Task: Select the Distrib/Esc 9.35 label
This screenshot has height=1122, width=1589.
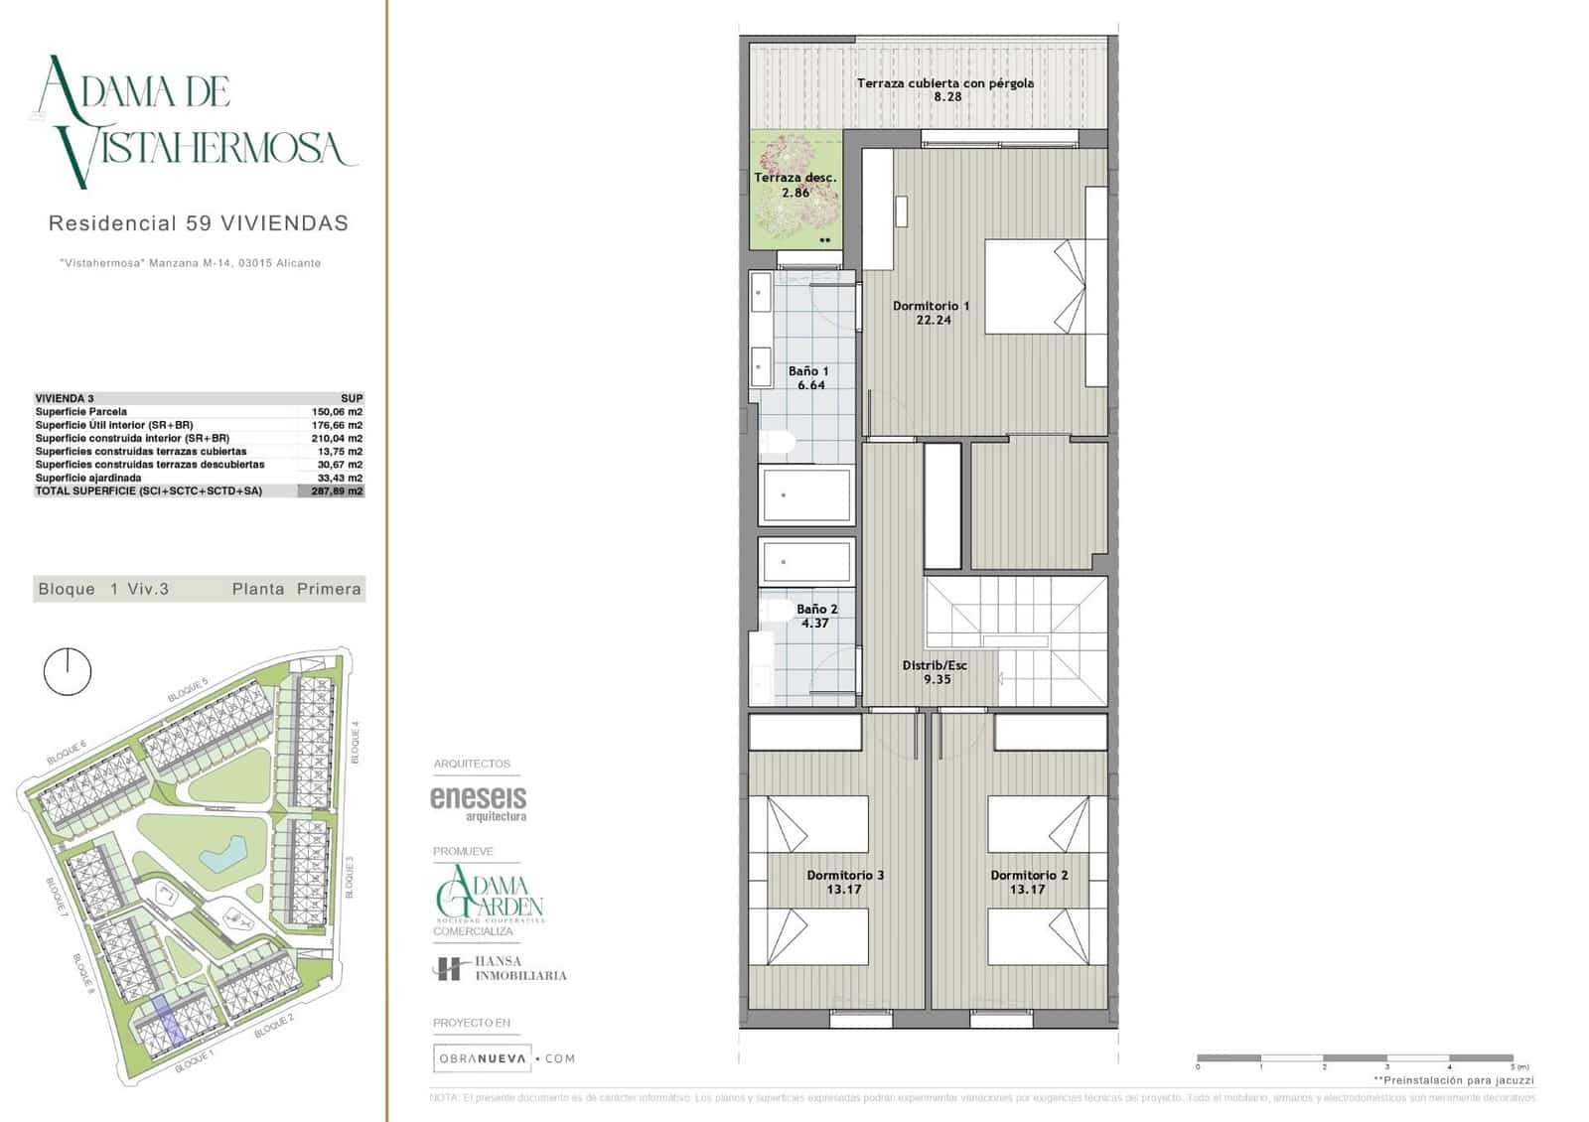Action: (x=935, y=672)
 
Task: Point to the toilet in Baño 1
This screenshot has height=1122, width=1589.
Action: (x=779, y=443)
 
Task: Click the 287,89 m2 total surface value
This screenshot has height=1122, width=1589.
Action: (x=336, y=491)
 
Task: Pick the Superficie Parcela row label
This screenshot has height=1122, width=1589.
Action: (x=81, y=411)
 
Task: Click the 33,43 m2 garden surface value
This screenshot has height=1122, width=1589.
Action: (x=337, y=478)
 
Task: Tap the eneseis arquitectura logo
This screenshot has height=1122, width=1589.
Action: (x=478, y=802)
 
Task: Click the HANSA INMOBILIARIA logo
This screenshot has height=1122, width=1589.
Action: (x=500, y=969)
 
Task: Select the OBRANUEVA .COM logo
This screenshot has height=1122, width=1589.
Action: (x=505, y=1058)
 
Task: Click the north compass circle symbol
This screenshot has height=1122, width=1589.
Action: (x=68, y=672)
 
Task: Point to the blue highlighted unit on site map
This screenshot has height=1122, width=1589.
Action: (x=168, y=1023)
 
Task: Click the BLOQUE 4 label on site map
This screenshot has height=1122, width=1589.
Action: (x=356, y=742)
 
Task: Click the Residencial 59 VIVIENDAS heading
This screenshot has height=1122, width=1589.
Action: (x=199, y=223)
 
